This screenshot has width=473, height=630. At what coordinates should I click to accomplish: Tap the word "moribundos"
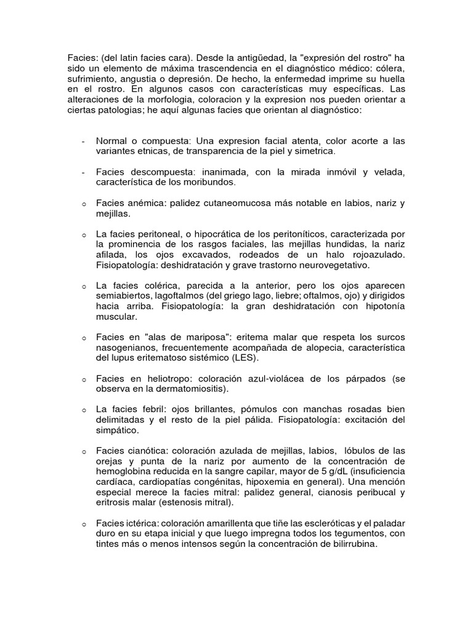pos(206,183)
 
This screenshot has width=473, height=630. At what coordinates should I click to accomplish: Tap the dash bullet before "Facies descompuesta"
pos(83,173)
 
